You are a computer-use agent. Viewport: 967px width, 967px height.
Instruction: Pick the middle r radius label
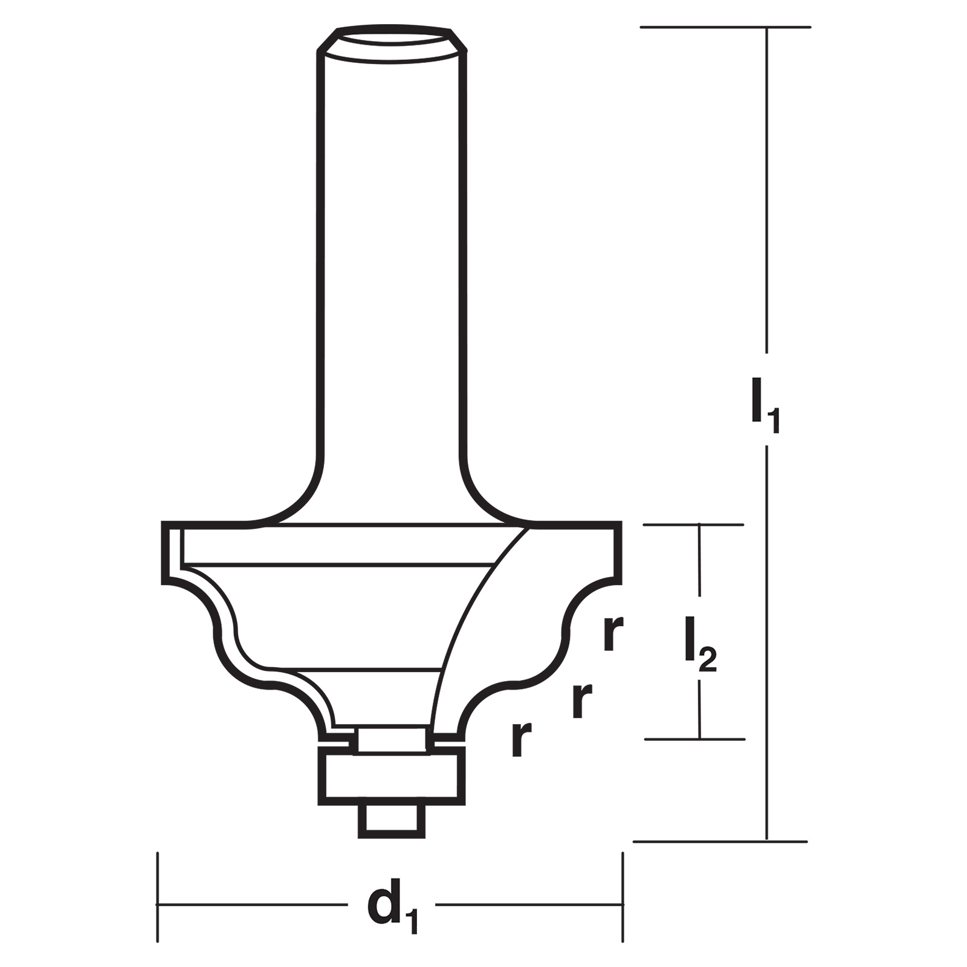[581, 700]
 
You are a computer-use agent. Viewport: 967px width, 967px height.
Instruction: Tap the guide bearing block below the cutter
[393, 776]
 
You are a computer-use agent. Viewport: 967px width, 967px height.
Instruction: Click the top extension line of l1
[725, 27]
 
